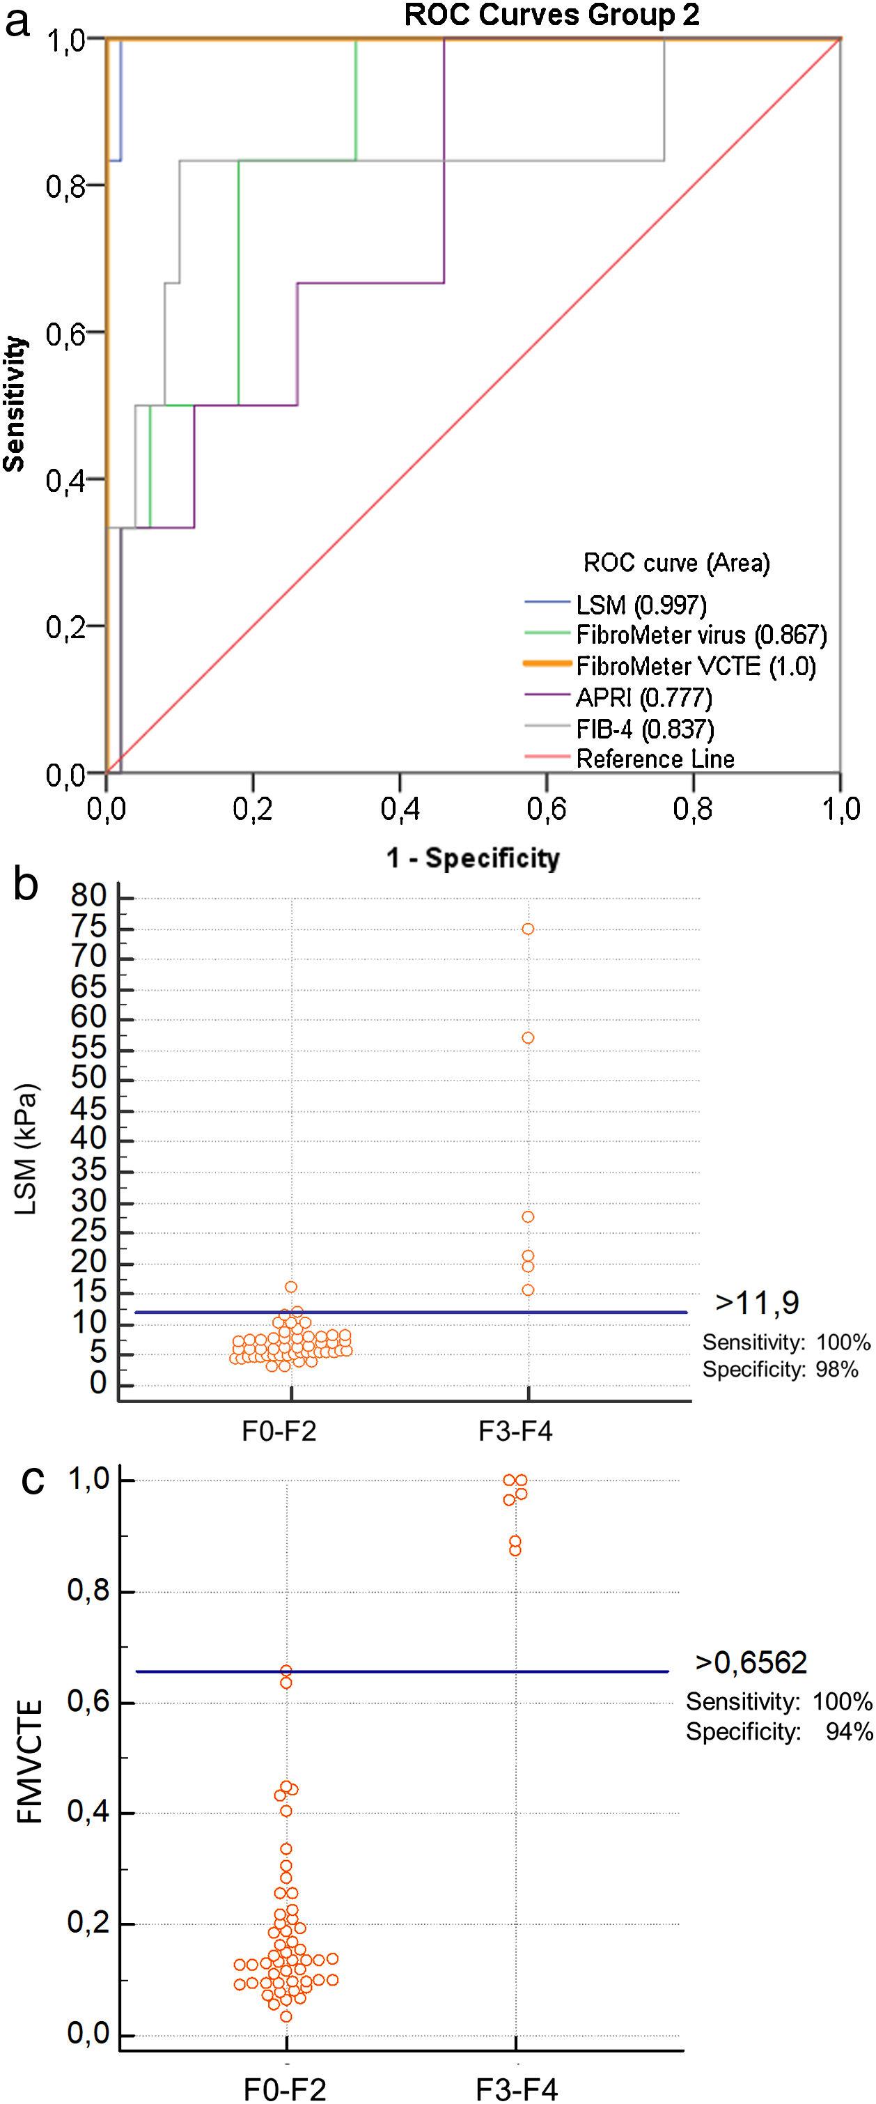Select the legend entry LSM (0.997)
[641, 605]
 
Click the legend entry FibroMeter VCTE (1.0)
[696, 667]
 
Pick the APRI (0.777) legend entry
[643, 697]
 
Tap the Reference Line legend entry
[655, 759]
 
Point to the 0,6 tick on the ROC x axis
[546, 809]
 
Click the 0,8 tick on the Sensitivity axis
[65, 186]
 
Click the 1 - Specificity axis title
[473, 858]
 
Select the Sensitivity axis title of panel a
[15, 404]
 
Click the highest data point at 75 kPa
[529, 929]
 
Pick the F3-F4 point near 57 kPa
[529, 1038]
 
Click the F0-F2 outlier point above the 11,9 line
[290, 1287]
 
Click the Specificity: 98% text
[780, 1370]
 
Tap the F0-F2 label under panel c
[285, 2090]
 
